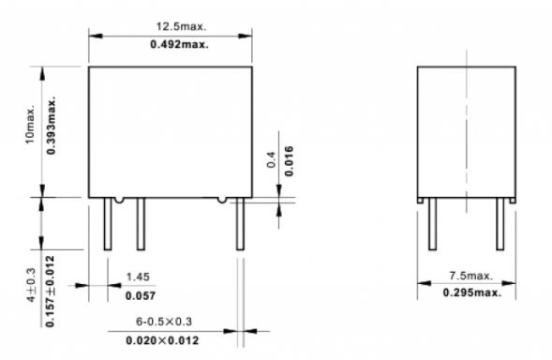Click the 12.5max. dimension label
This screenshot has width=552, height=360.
[181, 26]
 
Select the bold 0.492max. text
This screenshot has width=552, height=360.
[179, 44]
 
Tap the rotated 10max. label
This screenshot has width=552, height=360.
[30, 124]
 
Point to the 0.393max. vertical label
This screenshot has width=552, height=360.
[51, 125]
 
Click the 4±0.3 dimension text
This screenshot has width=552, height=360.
[31, 285]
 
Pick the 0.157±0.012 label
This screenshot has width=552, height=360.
[51, 292]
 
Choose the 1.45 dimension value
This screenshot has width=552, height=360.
[138, 277]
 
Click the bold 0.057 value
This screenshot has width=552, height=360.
[141, 296]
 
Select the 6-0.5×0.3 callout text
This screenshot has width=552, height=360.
[164, 322]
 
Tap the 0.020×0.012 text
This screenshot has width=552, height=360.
[162, 340]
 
